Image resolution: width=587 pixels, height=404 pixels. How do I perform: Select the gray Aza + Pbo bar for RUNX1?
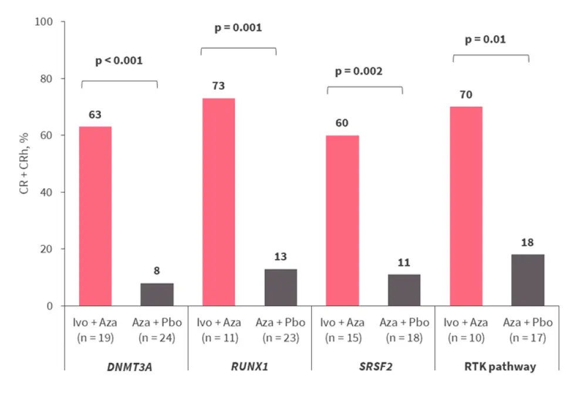coord(281,287)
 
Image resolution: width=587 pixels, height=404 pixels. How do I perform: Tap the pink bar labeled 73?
coord(218,202)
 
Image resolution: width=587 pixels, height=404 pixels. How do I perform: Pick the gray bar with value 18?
coord(528,280)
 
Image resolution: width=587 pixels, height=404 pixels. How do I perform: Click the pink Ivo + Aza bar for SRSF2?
coord(342,220)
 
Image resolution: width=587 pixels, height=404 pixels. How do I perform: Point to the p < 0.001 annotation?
coord(119,60)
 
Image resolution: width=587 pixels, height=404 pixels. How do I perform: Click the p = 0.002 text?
coord(359,72)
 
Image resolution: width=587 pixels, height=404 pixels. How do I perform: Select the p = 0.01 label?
coord(485,40)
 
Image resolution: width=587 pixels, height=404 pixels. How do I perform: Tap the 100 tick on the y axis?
coord(45,22)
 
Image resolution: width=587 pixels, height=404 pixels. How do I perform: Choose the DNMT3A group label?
coord(126,367)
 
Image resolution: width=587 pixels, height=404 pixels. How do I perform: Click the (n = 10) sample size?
coord(466,338)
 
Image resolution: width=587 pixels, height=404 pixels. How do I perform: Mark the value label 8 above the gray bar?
coord(157,271)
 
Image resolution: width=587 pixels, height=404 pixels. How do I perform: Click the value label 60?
coord(342,123)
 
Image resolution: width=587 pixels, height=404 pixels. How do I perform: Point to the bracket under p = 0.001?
coord(238,49)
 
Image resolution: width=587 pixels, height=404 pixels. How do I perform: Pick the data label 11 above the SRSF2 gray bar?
coord(404,263)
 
